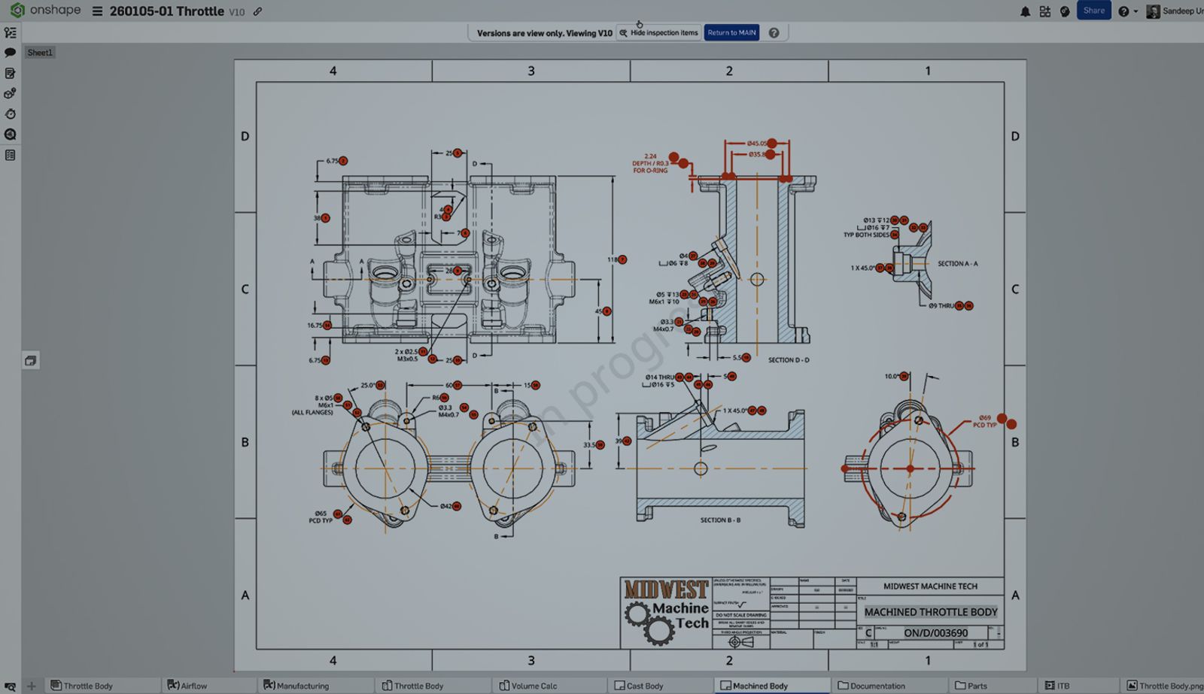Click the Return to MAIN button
pos(731,33)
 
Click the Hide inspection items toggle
pos(658,33)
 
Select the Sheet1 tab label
pos(40,53)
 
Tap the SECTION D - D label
pos(788,360)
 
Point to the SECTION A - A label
pos(957,264)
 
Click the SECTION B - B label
pos(720,520)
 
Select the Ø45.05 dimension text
pos(756,144)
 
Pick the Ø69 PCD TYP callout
pos(984,421)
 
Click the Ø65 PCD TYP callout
pos(321,517)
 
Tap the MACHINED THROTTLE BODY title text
pos(930,612)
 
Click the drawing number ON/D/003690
pos(935,633)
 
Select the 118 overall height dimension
pos(613,259)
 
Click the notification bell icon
pos(1025,11)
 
